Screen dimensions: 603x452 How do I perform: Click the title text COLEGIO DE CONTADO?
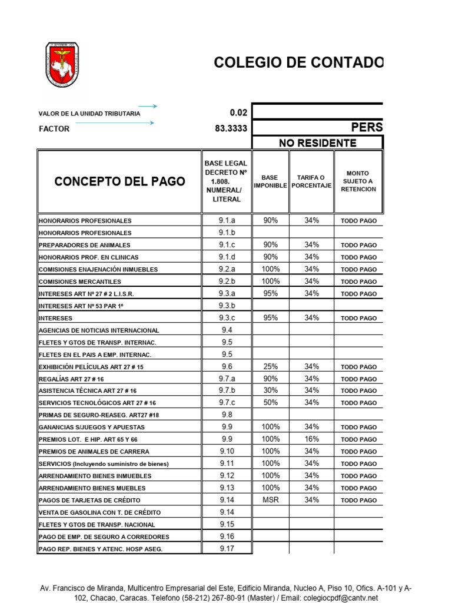[298, 62]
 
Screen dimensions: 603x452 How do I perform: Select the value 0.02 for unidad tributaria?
[238, 112]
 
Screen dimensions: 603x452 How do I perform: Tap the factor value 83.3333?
[231, 128]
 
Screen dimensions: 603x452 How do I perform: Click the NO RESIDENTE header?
[317, 143]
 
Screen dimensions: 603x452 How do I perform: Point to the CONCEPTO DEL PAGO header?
[119, 181]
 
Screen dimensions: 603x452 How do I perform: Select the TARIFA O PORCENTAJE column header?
[311, 181]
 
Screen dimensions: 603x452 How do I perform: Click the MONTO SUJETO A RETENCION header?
[358, 181]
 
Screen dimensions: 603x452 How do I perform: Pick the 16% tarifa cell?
[311, 439]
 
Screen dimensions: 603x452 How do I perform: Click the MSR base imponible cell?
[270, 499]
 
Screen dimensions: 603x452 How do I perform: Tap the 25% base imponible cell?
[270, 366]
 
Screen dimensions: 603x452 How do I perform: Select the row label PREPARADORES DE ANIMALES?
[84, 245]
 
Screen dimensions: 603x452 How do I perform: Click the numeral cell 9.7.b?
[227, 390]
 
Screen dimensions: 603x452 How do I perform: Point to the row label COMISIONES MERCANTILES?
[79, 281]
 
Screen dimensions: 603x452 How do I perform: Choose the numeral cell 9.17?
[227, 548]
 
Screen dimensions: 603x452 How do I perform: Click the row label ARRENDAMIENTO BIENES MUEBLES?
[95, 488]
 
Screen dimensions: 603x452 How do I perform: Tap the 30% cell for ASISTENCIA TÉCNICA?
[270, 390]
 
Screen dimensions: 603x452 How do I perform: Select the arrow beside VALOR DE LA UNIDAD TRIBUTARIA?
[147, 107]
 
